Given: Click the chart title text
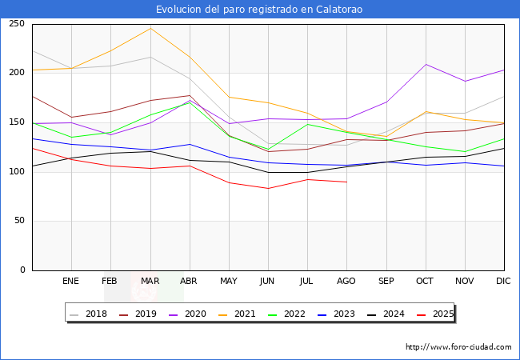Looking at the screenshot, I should [260, 9].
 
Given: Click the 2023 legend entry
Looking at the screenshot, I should [335, 314].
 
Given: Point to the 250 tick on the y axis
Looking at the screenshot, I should [17, 23].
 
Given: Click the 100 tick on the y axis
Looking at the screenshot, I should [17, 171].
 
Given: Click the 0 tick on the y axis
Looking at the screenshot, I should [22, 270].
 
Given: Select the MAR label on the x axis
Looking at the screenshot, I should [150, 281].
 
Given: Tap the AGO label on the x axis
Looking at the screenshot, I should [346, 281].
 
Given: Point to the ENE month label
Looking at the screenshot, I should [70, 281].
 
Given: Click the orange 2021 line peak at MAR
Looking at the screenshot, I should [150, 28].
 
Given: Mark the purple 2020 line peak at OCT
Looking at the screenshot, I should [426, 64].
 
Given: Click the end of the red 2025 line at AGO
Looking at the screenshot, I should [346, 182].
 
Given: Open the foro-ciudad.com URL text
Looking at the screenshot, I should [458, 347].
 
